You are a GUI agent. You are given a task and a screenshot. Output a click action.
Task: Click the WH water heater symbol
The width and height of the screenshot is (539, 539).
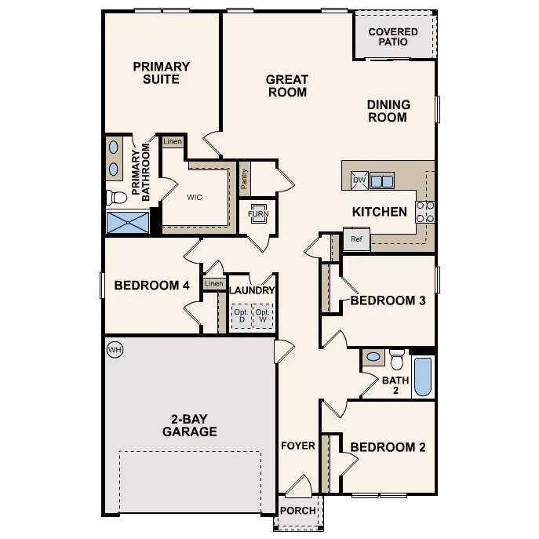115,348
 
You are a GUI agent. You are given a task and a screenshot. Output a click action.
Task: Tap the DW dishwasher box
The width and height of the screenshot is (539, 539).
359,180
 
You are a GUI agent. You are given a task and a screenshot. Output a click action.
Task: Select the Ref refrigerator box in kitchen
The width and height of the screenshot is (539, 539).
356,239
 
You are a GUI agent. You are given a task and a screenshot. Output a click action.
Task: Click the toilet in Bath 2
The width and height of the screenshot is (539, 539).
397,359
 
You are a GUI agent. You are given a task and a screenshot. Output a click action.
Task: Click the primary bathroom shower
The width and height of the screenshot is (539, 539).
127,223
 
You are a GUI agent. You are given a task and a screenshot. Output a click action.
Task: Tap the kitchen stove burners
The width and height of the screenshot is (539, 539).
425,212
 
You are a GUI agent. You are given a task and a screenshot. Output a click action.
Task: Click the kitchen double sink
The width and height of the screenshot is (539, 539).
382,181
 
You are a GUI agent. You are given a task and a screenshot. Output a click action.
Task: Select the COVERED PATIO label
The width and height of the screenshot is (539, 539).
393,37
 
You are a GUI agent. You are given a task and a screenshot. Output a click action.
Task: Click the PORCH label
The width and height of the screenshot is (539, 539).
298,511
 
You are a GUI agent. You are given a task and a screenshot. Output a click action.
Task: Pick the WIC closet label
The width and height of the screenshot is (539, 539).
195,197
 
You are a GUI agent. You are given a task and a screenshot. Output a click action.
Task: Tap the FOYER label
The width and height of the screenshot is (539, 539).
298,446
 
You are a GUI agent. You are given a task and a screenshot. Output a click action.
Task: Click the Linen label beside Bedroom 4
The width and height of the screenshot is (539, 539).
213,283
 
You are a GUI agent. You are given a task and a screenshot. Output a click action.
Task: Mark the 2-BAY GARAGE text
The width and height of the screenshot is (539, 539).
189,425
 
